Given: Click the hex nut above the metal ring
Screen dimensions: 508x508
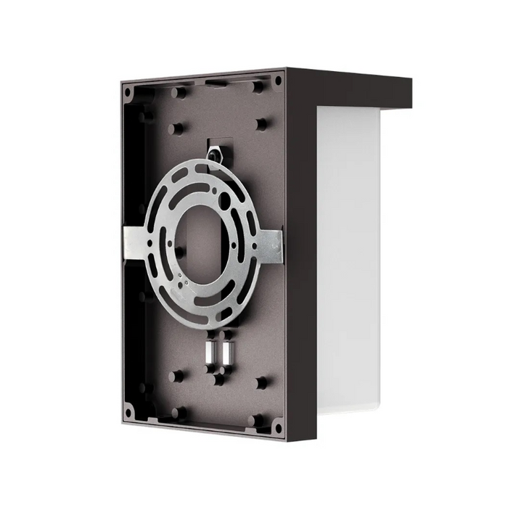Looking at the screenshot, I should [215, 155].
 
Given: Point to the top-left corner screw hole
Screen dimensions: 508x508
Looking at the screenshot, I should [128, 92].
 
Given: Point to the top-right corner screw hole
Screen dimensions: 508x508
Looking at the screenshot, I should [277, 81].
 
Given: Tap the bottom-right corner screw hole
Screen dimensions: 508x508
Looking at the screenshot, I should [277, 428].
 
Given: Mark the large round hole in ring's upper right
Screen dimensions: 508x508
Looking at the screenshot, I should [225, 197].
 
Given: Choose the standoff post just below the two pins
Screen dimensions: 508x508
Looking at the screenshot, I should [218, 377].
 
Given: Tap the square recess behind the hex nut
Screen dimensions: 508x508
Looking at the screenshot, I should [221, 149].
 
